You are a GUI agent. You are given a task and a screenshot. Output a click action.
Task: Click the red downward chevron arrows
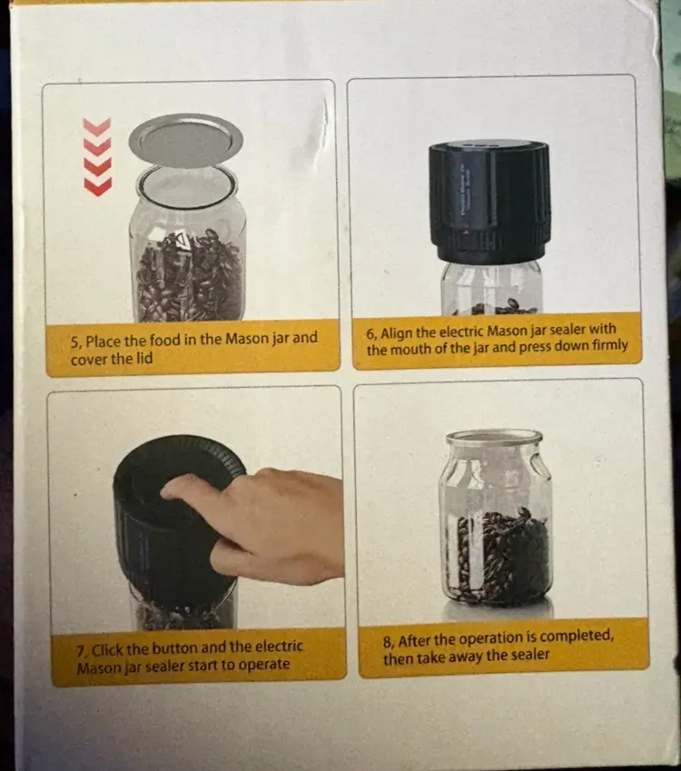(x=97, y=157)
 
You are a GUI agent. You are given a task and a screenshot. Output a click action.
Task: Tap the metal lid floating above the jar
(x=186, y=141)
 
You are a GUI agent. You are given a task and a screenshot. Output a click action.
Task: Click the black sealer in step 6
(x=489, y=201)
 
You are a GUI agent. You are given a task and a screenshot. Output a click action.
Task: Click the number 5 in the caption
(x=74, y=342)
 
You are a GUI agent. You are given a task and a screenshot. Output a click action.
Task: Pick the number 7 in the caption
(x=81, y=652)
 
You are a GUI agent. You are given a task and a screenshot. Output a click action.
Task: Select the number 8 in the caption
(x=389, y=642)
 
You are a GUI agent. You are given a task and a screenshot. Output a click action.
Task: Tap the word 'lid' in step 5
(x=143, y=358)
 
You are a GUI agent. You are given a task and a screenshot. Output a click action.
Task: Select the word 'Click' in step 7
(x=107, y=650)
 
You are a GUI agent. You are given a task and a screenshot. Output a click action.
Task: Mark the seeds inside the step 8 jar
(x=500, y=556)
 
